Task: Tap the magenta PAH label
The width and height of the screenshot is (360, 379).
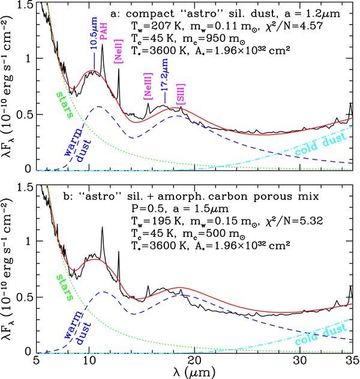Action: pyautogui.click(x=103, y=35)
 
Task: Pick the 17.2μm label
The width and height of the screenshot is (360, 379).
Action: pyautogui.click(x=164, y=79)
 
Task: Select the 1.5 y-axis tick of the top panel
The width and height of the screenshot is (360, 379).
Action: pyautogui.click(x=25, y=5)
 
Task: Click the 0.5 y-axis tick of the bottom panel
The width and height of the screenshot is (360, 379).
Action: pyautogui.click(x=25, y=297)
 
